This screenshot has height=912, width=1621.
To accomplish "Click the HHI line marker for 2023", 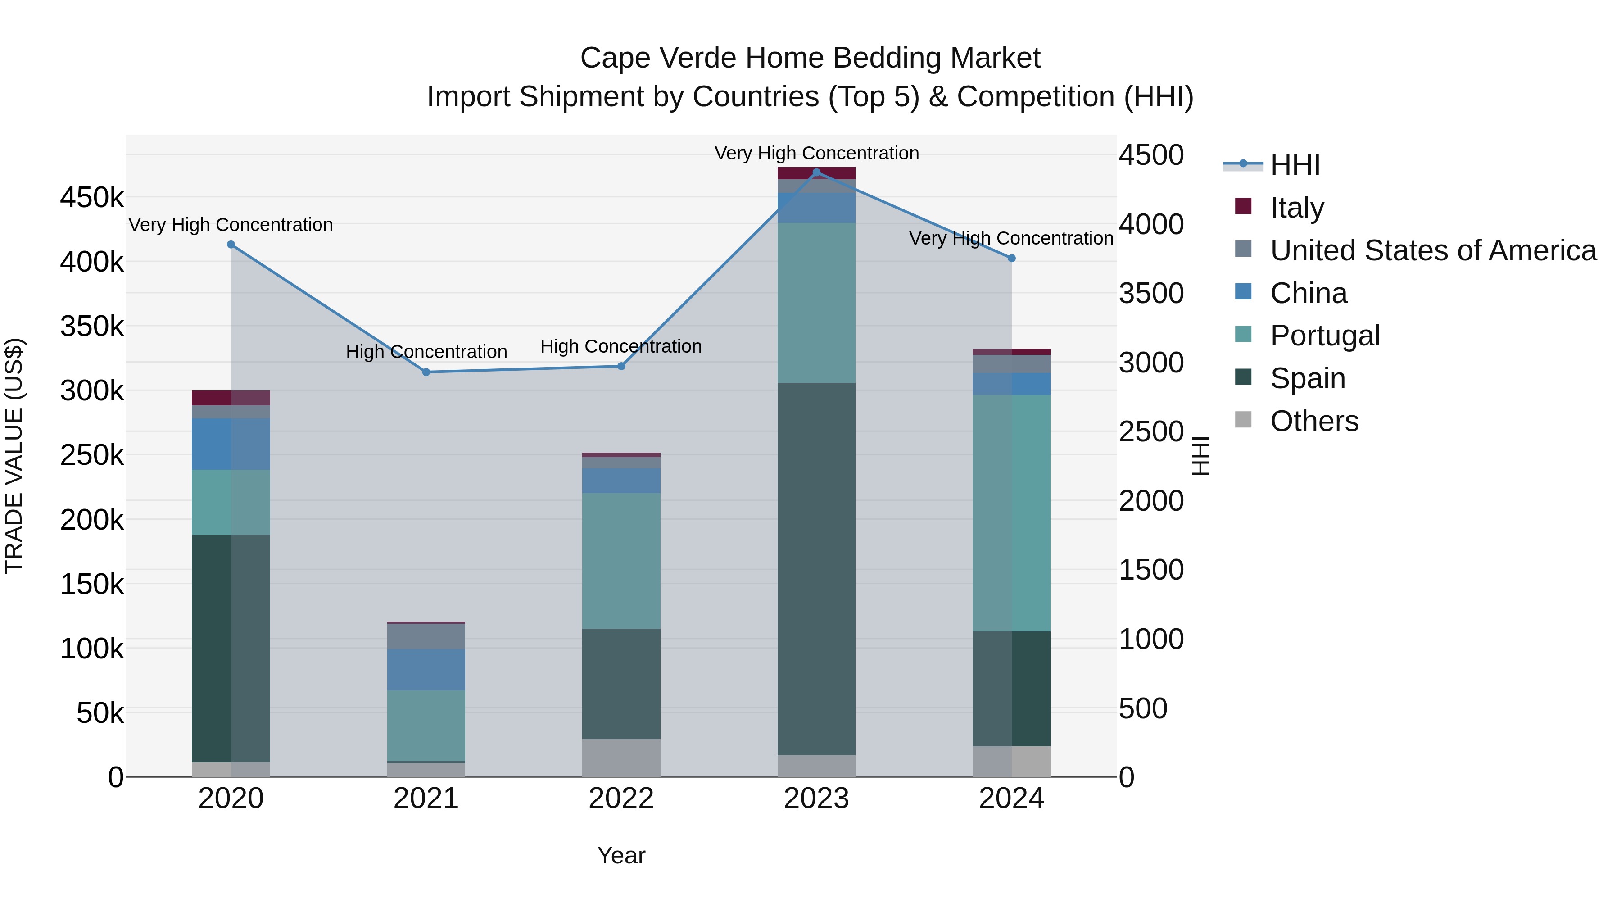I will [x=816, y=172].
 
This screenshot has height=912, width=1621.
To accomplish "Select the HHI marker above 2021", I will [x=426, y=372].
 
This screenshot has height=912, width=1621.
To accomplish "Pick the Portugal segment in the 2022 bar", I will [x=621, y=560].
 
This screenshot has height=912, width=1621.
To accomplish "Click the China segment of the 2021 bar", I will [x=426, y=670].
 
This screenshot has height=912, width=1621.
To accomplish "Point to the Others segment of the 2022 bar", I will [x=621, y=758].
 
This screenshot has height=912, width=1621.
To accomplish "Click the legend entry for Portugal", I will [x=1325, y=336].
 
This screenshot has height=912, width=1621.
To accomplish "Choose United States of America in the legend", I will [x=1433, y=250].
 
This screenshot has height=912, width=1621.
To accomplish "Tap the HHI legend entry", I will [x=1295, y=165].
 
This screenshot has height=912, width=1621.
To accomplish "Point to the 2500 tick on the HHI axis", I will [x=1151, y=432].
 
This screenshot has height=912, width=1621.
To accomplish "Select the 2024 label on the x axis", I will [x=1011, y=799].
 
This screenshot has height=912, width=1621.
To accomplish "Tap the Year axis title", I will [x=621, y=855].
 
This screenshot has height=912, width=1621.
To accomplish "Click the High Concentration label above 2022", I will [x=621, y=346].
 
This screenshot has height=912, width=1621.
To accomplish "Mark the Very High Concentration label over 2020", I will [x=230, y=225].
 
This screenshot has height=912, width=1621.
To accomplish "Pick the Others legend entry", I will [x=1314, y=421].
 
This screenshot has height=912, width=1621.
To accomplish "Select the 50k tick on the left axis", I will [x=100, y=713].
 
